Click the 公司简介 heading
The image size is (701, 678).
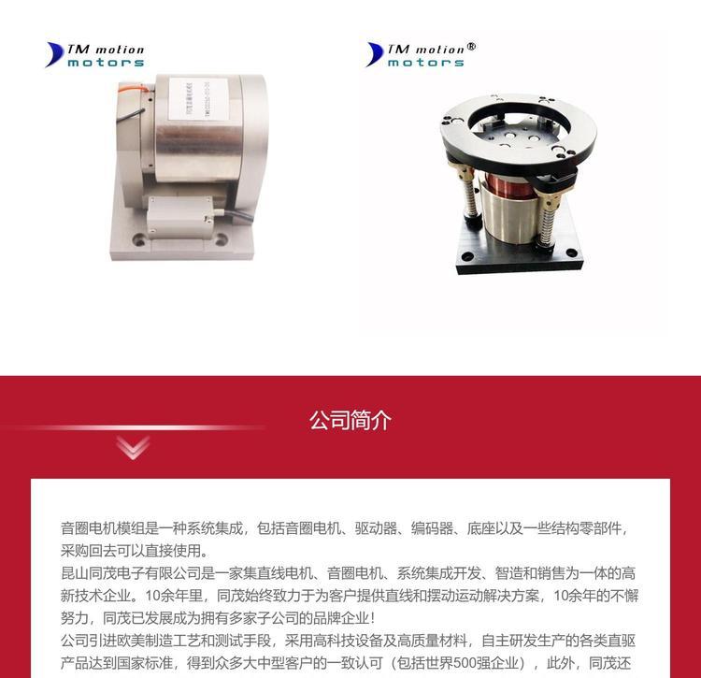click(x=350, y=420)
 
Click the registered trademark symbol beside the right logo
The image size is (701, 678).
click(x=471, y=47)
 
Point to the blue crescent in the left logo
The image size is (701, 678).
click(x=54, y=54)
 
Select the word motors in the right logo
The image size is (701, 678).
click(x=425, y=63)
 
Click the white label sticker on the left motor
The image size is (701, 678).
click(x=198, y=99)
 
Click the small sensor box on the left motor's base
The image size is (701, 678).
click(x=179, y=217)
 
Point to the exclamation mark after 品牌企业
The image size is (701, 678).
click(x=373, y=618)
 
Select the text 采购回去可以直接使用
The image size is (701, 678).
click(x=130, y=551)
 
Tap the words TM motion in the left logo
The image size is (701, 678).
click(x=106, y=50)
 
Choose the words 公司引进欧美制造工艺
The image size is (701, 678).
click(x=131, y=641)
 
